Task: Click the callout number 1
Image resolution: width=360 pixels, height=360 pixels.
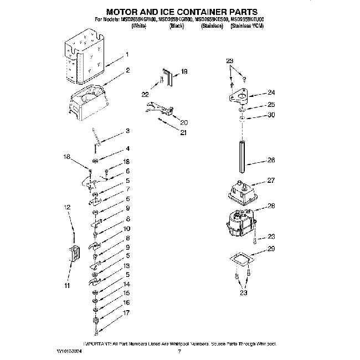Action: pos(127,55)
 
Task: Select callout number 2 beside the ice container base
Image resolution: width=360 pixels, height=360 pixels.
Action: pos(127,70)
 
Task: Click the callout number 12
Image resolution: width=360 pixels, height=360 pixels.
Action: pos(66,207)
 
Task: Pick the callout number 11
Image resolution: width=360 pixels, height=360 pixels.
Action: pos(66,286)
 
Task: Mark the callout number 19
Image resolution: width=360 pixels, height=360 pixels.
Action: pos(184,71)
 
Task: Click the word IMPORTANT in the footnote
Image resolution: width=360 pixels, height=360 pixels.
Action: pos(97,343)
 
